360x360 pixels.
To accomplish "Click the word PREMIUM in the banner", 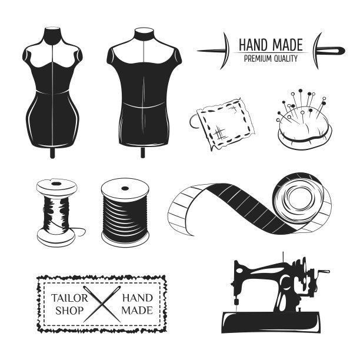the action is (x=258, y=59).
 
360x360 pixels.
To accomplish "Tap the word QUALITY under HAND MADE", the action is (x=286, y=59).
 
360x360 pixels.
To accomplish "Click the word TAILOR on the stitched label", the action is (x=69, y=298).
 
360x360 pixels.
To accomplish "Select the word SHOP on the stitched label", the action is (x=69, y=311).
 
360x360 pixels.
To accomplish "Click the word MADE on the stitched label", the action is (x=137, y=311).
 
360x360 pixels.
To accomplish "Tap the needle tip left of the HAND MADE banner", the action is (x=198, y=51).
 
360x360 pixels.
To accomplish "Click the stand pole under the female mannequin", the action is (x=52, y=152).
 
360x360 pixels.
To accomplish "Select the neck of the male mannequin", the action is (x=144, y=35).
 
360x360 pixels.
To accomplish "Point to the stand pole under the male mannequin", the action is (x=143, y=152).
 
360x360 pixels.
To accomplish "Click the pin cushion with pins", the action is (x=305, y=125).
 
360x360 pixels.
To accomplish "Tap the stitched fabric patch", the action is (x=224, y=124).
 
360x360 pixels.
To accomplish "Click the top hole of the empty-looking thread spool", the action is (x=56, y=184).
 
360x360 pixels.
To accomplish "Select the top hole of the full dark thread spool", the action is (x=125, y=188).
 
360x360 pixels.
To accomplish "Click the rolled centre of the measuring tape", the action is (x=301, y=199).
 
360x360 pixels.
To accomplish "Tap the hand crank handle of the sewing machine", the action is (x=324, y=272).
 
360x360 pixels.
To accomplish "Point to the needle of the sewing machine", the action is (x=236, y=306).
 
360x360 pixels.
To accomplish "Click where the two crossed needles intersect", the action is (x=102, y=304).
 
